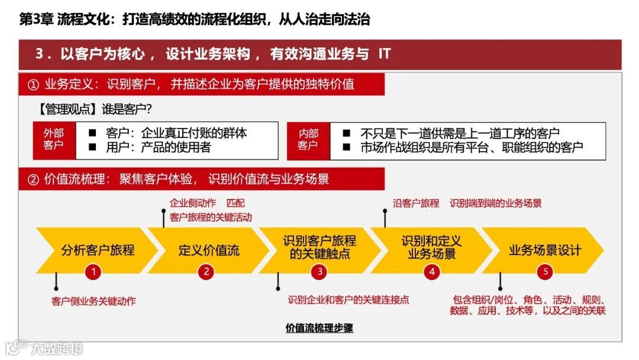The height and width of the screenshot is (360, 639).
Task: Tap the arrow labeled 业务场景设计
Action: (544, 250)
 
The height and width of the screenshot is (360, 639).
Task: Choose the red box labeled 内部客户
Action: (308, 140)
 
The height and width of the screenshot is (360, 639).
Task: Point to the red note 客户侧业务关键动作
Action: (93, 301)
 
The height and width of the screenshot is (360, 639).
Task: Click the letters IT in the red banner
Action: (384, 54)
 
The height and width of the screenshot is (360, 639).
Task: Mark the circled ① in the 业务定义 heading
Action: (33, 84)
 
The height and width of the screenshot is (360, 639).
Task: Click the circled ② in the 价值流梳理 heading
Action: (33, 179)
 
